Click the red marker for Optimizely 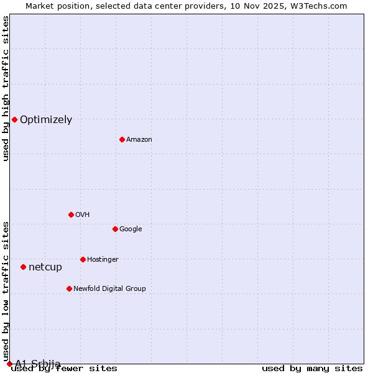(14, 119)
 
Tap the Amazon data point (122, 139)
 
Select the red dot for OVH (71, 214)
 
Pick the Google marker (115, 229)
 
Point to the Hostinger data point (83, 259)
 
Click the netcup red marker (23, 267)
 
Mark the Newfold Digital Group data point (69, 288)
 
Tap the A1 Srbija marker (9, 364)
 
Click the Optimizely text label (46, 120)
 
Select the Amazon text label (139, 140)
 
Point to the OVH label (83, 215)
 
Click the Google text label (131, 229)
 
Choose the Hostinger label (103, 260)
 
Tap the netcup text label (45, 267)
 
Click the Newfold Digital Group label (109, 289)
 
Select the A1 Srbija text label (38, 364)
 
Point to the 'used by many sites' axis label (312, 369)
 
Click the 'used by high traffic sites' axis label (6, 88)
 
